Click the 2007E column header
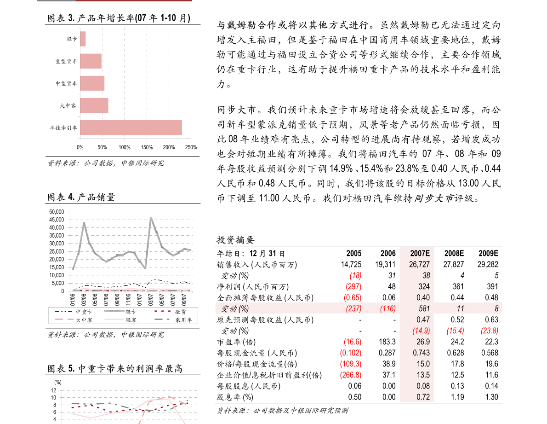point(420,253)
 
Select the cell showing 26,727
point(419,264)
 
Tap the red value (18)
point(355,275)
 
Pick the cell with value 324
point(424,286)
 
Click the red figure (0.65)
point(353,297)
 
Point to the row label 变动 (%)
point(235,308)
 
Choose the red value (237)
point(353,308)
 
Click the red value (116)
point(387,308)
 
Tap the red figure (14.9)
point(421,331)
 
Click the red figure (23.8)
point(490,331)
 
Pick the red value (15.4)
point(455,331)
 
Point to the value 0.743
point(422,353)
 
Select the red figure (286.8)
point(351,375)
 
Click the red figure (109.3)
point(351,364)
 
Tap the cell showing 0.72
point(423,397)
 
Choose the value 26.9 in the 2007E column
point(422,342)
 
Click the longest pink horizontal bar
point(131,128)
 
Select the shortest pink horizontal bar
point(83,39)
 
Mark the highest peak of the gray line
point(151,217)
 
